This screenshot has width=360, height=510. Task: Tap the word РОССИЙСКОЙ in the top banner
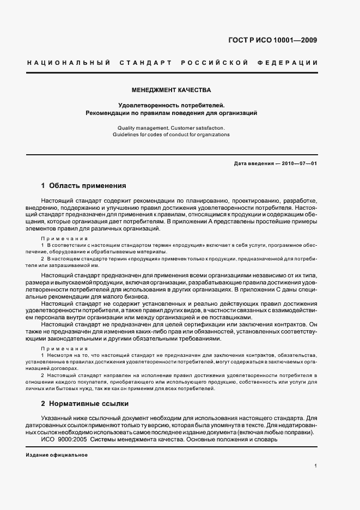pyautogui.click(x=213, y=63)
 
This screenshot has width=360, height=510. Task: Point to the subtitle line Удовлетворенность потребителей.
pyautogui.click(x=172, y=105)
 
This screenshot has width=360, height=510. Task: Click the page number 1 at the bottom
pyautogui.click(x=315, y=466)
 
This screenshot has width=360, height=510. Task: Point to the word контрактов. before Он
pyautogui.click(x=290, y=324)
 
